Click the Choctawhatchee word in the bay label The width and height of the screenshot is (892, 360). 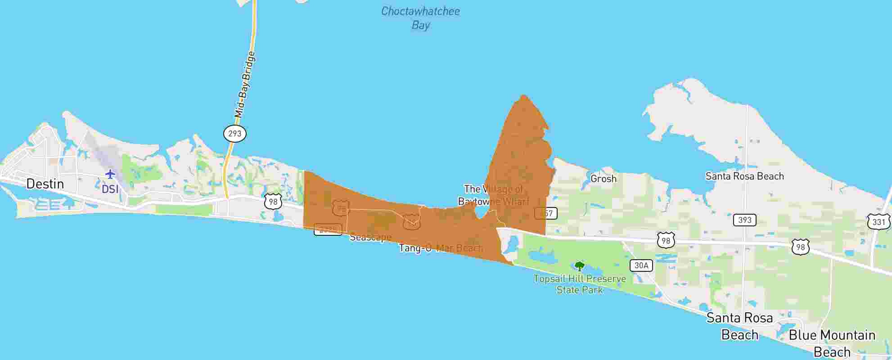click(x=420, y=11)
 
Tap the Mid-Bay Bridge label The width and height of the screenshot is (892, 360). click(x=245, y=85)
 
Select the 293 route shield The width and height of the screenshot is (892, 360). click(x=234, y=134)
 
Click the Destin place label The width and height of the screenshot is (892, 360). click(x=45, y=184)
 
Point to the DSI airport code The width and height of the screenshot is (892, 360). click(x=110, y=189)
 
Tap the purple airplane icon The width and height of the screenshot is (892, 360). click(x=110, y=174)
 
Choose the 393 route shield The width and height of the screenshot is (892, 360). click(x=744, y=220)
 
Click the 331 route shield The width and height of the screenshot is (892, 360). click(x=878, y=222)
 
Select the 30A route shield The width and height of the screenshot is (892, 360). click(x=641, y=265)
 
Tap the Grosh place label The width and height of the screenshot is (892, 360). click(x=603, y=179)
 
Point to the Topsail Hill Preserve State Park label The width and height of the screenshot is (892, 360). click(x=580, y=284)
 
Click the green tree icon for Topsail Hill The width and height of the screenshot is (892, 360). click(x=580, y=266)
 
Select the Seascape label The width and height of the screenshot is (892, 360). click(x=370, y=237)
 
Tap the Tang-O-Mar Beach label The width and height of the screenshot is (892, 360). click(x=441, y=248)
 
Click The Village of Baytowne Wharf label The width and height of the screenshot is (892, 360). click(x=494, y=195)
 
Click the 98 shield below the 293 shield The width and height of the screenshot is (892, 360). click(x=273, y=202)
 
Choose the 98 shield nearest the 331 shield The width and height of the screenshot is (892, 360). click(x=800, y=247)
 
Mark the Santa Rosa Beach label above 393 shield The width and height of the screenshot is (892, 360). click(x=744, y=176)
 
